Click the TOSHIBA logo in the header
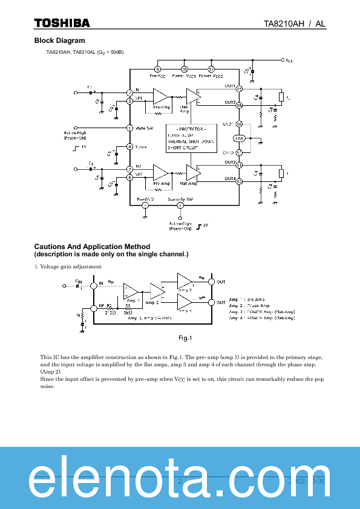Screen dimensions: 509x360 (x=62, y=23)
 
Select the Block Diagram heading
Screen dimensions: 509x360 (x=59, y=41)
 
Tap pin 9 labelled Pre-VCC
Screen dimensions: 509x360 (x=157, y=69)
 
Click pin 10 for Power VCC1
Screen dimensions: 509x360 (x=185, y=69)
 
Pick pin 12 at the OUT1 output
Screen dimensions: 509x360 (x=240, y=89)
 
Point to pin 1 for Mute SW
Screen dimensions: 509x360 (x=129, y=128)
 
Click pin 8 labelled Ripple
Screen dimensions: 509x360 (x=129, y=147)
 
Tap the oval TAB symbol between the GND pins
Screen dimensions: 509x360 (x=240, y=138)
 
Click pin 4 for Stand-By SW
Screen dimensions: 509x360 (x=180, y=206)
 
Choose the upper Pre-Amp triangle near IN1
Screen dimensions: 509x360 (x=161, y=96)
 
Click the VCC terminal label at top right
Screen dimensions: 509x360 (x=289, y=60)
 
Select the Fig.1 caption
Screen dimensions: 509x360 (x=185, y=337)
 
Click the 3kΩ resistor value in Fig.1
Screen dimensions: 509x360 (x=128, y=313)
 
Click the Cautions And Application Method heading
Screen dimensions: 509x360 (x=92, y=247)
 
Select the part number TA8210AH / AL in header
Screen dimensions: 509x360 (x=294, y=23)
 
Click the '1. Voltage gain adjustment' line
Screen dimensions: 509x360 (x=68, y=267)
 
